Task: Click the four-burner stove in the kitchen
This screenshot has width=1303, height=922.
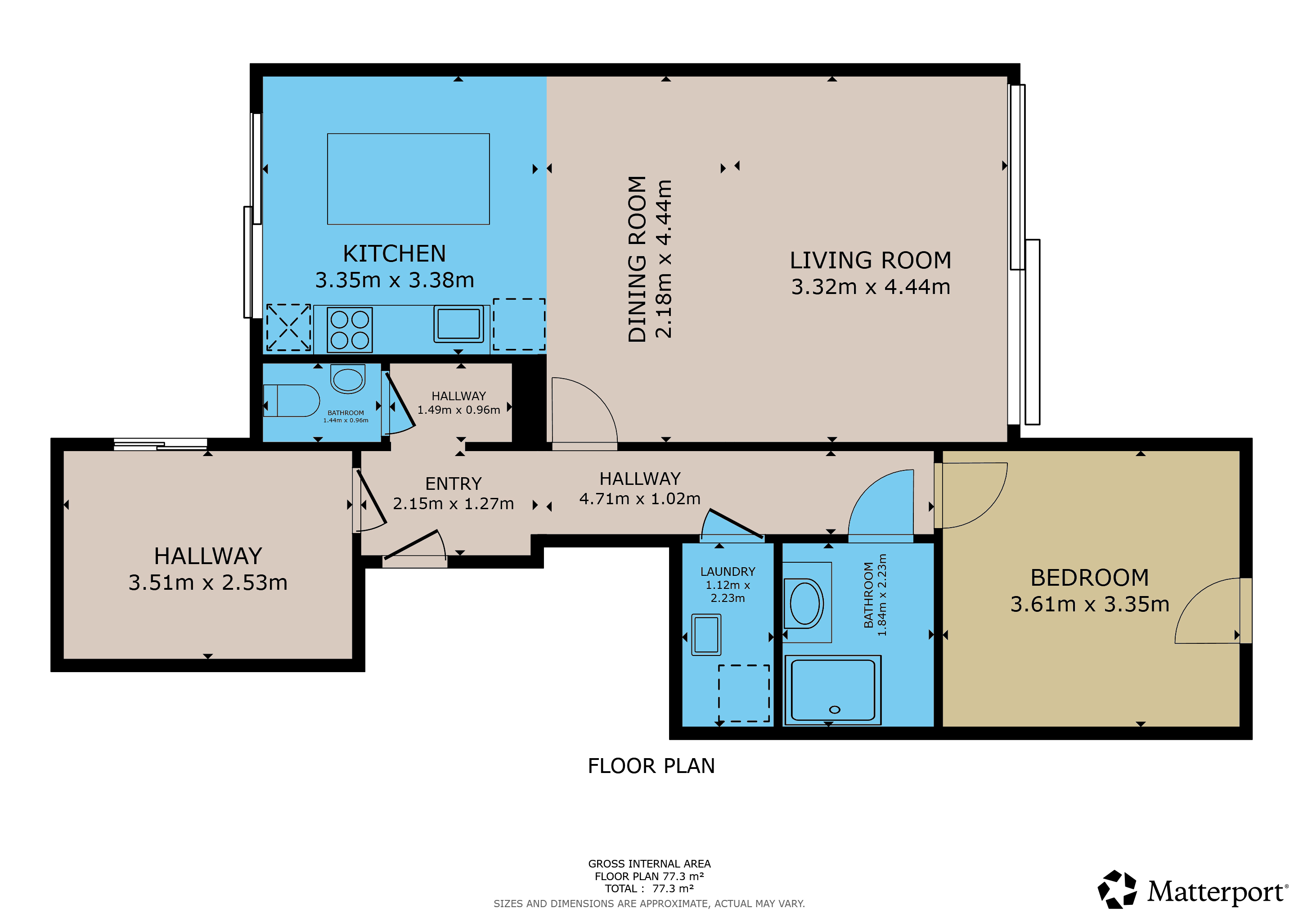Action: (350, 330)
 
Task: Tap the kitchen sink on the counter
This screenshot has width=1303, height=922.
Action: (458, 324)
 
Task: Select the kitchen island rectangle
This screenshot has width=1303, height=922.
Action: (409, 179)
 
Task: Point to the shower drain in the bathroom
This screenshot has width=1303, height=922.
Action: (834, 710)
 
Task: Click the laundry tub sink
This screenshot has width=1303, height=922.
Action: (706, 635)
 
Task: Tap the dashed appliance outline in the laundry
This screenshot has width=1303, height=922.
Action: (744, 693)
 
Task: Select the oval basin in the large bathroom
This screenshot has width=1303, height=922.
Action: (805, 603)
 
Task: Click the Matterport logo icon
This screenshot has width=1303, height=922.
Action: (1117, 889)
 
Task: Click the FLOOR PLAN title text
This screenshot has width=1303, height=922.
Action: (651, 766)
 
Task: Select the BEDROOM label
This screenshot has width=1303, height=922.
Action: (1090, 578)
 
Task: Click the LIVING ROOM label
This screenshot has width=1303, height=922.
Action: (871, 260)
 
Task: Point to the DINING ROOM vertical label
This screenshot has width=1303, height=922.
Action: (637, 259)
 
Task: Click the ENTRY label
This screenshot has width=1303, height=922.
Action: (454, 484)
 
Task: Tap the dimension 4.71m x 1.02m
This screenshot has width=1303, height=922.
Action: (640, 498)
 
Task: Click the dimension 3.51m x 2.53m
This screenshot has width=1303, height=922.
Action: (208, 583)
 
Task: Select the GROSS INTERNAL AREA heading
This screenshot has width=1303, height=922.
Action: (649, 863)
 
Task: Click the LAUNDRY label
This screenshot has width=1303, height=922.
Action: (728, 572)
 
